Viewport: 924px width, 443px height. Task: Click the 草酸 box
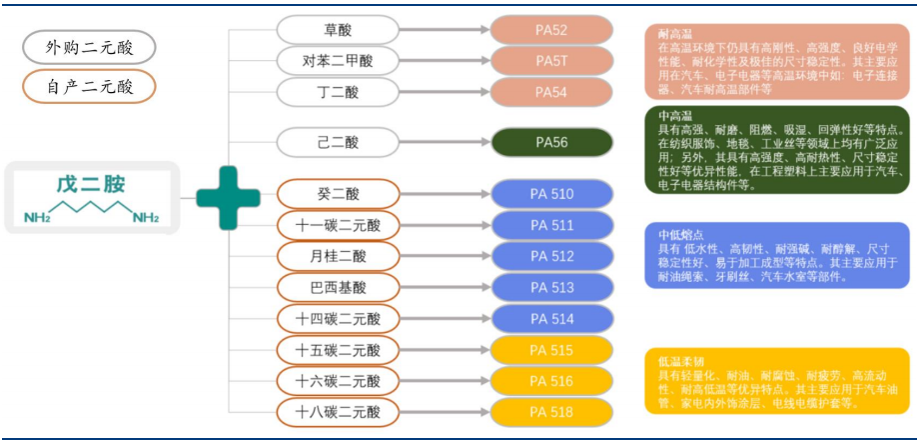338,30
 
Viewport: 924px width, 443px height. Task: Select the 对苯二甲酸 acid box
338,61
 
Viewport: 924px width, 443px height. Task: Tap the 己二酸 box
338,142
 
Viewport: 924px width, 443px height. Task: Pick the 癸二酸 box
338,194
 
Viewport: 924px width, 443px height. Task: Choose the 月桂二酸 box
338,256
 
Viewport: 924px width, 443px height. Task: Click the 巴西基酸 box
338,288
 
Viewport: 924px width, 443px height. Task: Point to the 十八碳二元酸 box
338,411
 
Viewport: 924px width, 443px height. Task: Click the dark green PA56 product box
551,142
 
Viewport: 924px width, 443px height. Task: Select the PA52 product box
551,30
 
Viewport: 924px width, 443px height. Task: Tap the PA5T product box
551,61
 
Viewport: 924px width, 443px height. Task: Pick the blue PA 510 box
551,194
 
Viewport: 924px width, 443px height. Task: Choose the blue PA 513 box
551,288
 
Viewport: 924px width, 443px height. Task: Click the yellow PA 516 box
551,381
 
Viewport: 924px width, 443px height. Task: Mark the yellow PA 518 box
551,411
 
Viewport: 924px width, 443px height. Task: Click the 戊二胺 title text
90,185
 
